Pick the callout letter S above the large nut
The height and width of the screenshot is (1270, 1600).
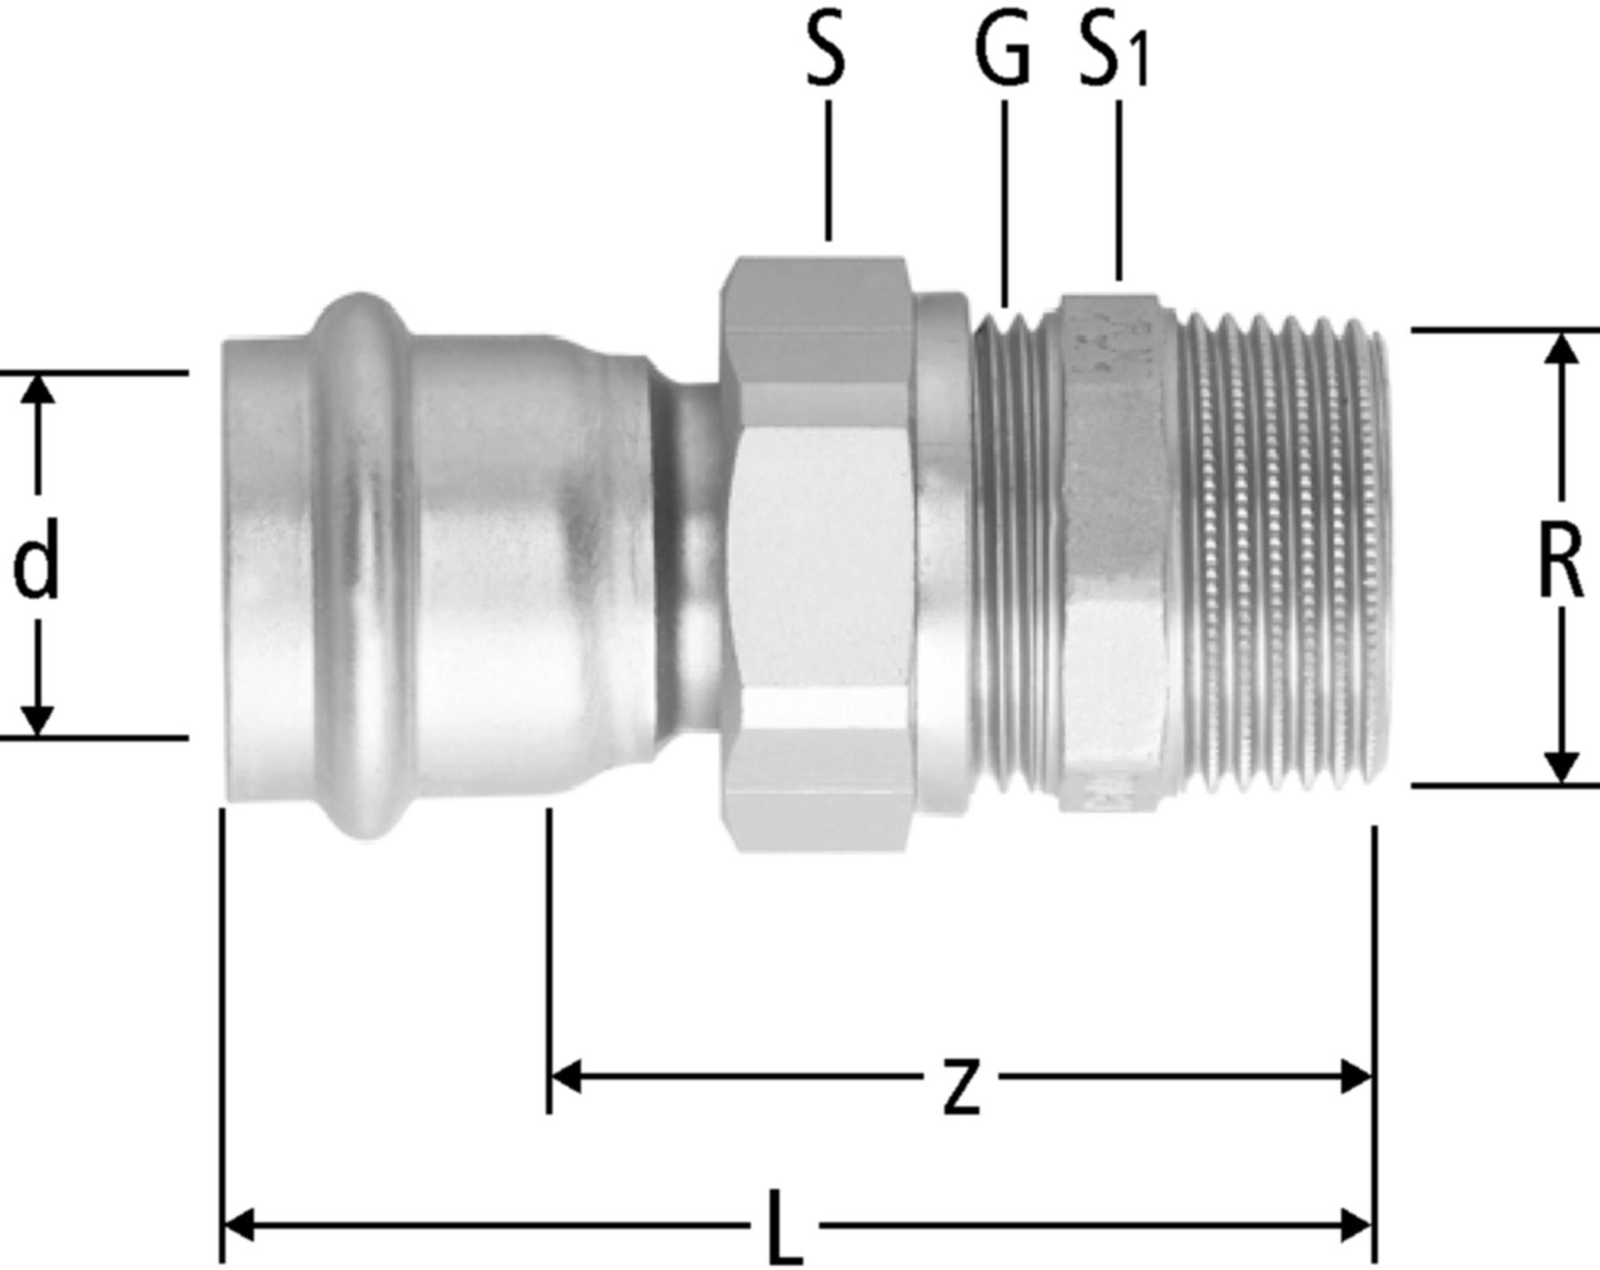click(826, 53)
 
